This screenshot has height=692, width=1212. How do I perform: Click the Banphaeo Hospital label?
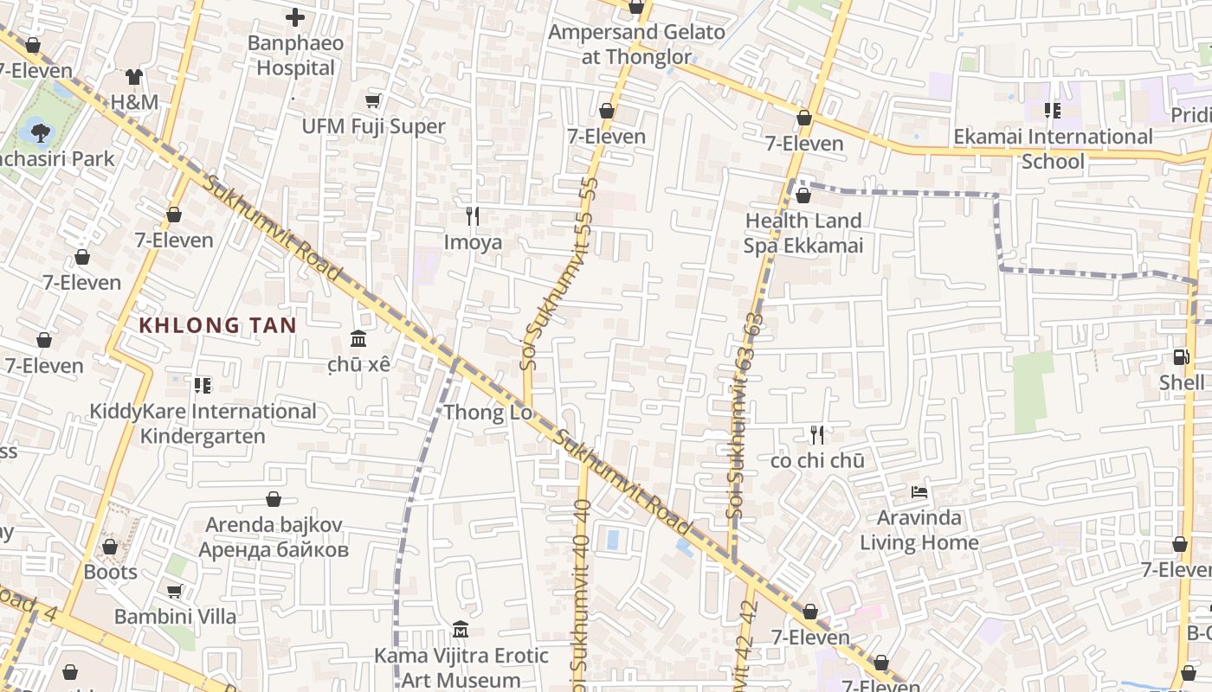[295, 55]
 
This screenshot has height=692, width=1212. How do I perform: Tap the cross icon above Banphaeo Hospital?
[295, 16]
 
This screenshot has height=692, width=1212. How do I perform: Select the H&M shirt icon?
[133, 77]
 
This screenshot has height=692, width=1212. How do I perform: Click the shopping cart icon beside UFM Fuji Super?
[373, 101]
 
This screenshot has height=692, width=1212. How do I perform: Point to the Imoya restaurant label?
[473, 242]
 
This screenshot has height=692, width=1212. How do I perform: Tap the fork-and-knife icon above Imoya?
[473, 215]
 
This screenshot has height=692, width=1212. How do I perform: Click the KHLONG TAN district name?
[218, 326]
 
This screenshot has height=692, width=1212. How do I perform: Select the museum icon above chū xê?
[358, 338]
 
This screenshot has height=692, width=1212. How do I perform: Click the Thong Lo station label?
[488, 413]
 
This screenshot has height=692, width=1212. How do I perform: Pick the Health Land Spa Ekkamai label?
[803, 233]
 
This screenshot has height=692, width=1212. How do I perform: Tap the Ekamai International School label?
[1053, 149]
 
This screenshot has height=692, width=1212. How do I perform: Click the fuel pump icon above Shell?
[1181, 356]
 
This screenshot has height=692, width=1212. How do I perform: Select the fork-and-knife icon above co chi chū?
[816, 434]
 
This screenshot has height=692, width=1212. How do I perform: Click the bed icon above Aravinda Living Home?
[919, 492]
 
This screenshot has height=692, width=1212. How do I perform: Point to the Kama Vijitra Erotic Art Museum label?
[461, 668]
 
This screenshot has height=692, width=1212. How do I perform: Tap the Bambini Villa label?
[175, 617]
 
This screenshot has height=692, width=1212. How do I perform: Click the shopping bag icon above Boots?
[110, 547]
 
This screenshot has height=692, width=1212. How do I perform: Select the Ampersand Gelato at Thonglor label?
[637, 45]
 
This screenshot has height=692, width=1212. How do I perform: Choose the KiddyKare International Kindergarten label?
[203, 423]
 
